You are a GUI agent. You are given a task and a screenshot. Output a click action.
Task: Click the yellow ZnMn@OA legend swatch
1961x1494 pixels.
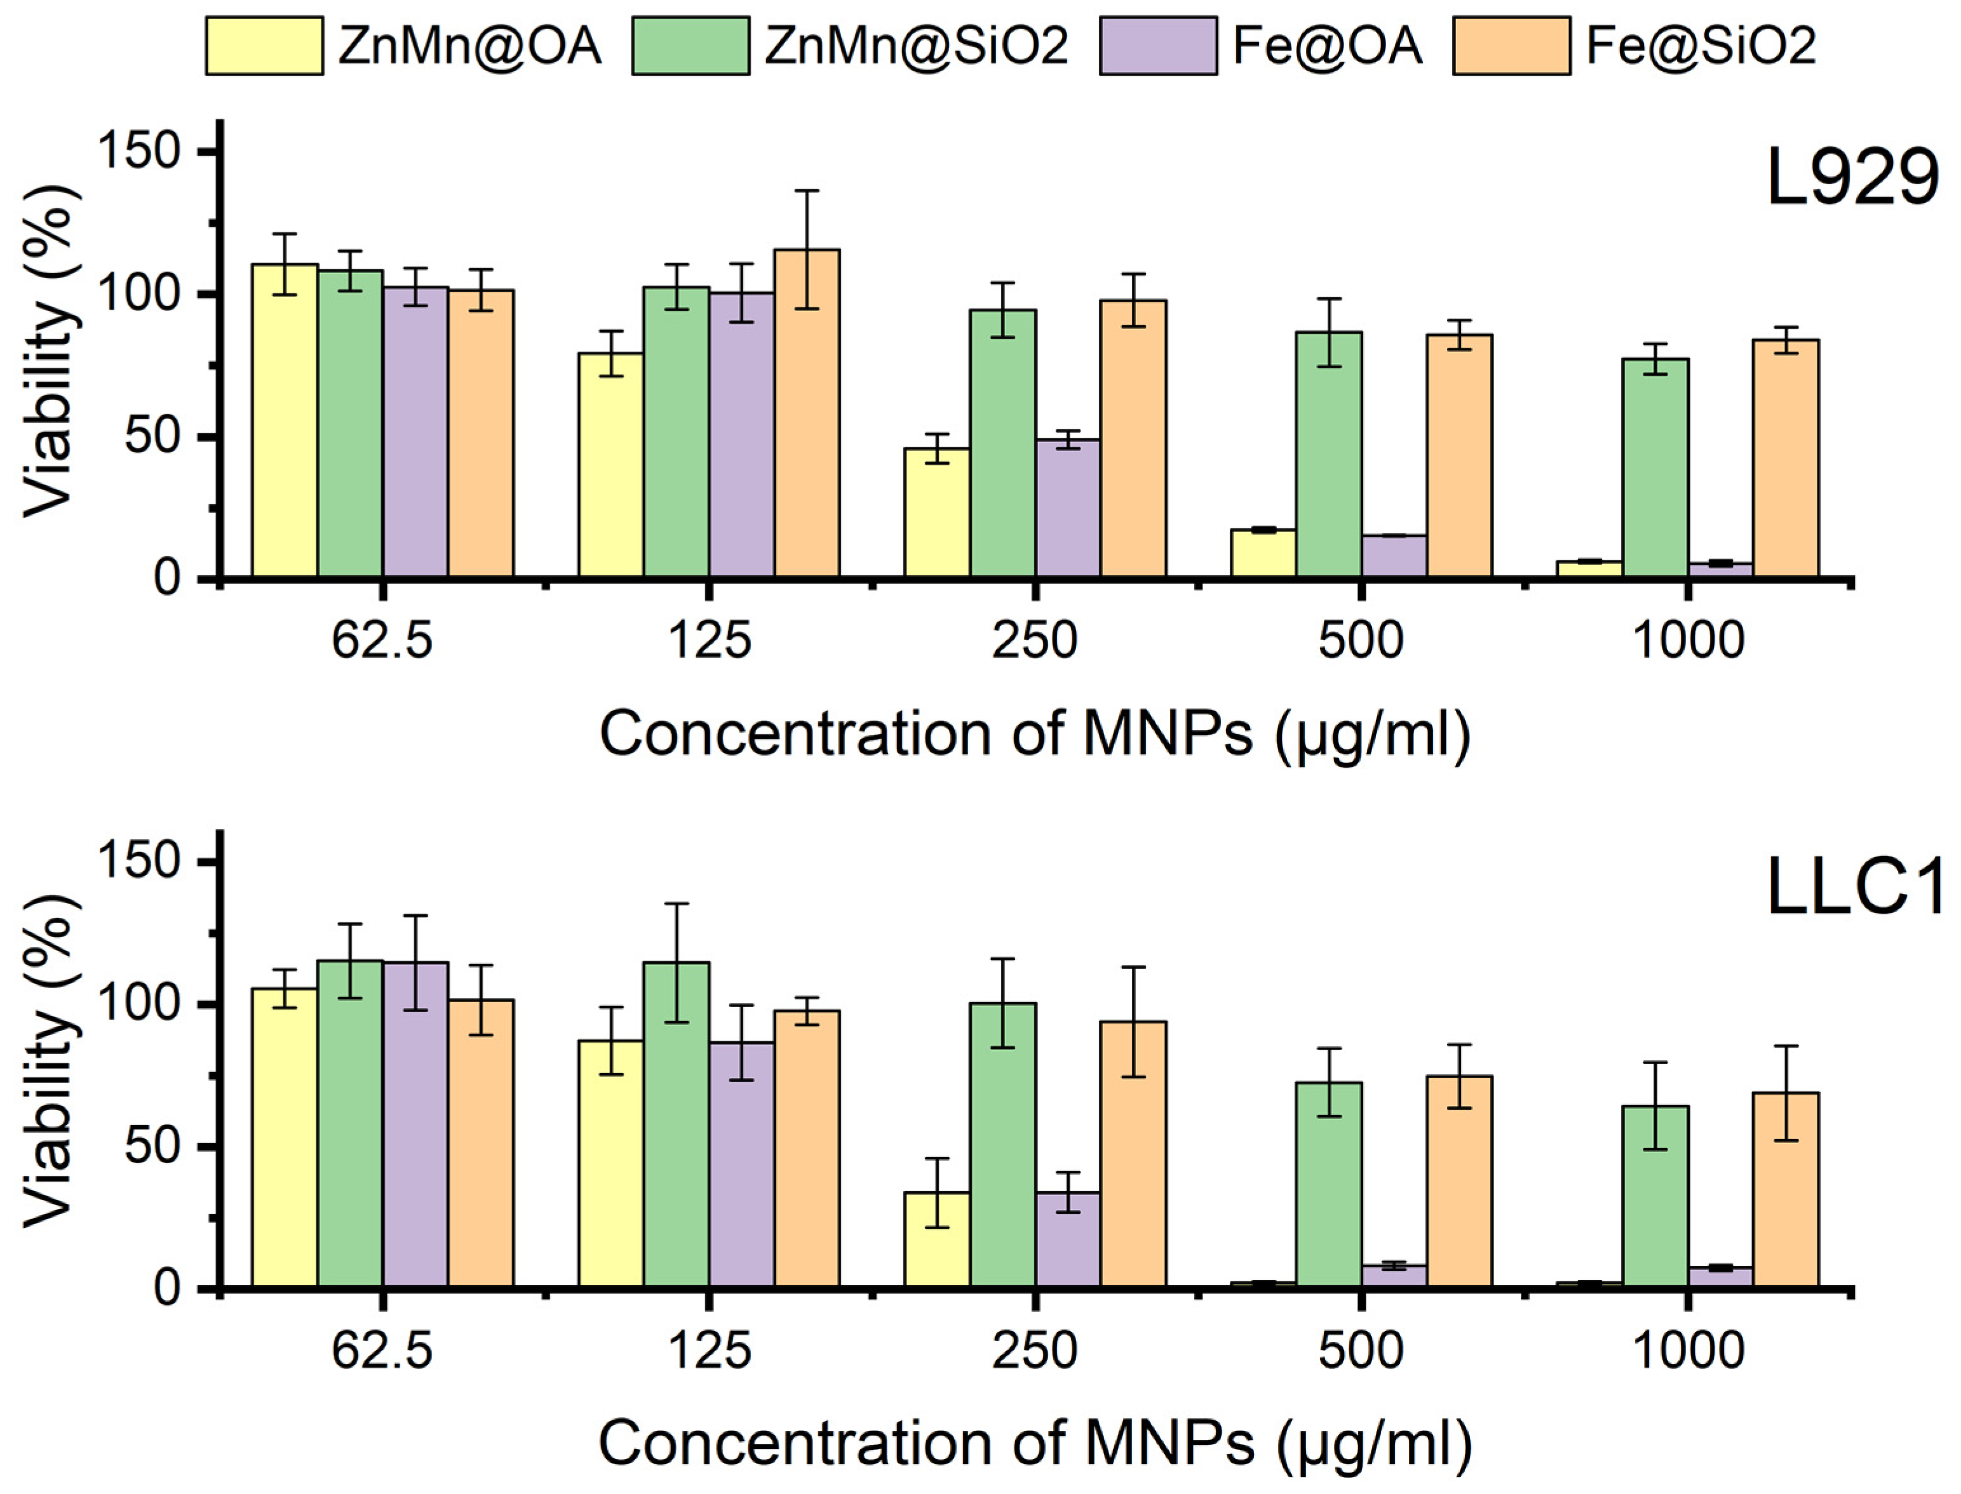click(x=264, y=45)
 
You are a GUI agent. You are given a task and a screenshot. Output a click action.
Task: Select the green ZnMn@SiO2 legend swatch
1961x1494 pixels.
click(x=691, y=45)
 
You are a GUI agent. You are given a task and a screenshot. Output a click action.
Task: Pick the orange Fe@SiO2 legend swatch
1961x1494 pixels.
click(x=1512, y=45)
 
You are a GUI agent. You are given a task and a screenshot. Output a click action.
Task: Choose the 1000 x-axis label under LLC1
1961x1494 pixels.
click(x=1688, y=1351)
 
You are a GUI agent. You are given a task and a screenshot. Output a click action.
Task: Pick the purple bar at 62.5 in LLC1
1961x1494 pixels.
click(x=415, y=1125)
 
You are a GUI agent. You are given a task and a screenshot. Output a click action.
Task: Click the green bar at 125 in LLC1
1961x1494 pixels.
click(x=677, y=1125)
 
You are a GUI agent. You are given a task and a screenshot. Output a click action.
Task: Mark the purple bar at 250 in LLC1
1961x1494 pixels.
click(x=1068, y=1241)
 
